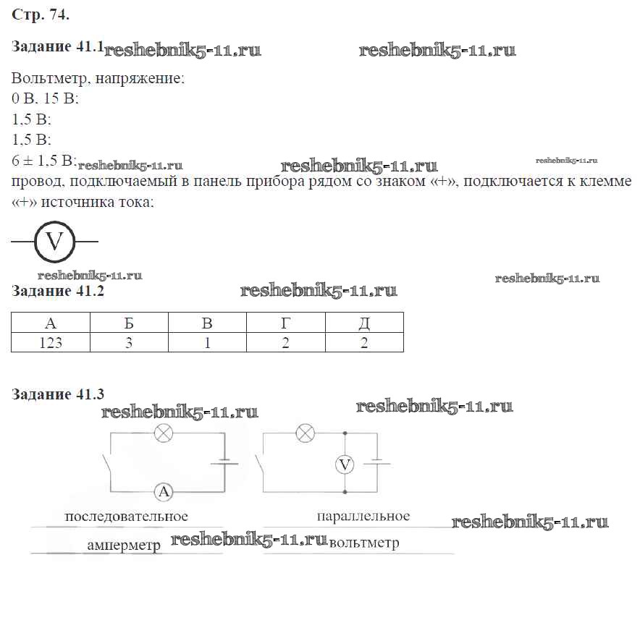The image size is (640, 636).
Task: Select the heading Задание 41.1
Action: [58, 47]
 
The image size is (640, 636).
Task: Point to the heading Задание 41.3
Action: [58, 394]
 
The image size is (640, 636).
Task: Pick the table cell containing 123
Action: [50, 342]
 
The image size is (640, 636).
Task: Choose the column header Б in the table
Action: [129, 323]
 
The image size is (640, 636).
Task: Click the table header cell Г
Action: [286, 323]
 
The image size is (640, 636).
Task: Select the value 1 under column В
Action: [207, 342]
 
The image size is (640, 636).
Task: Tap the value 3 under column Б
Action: [129, 342]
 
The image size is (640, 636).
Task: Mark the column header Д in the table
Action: [364, 323]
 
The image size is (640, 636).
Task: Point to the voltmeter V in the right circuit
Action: [345, 465]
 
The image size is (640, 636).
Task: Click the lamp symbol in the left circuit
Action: [165, 433]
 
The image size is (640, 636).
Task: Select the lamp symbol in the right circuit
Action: [306, 433]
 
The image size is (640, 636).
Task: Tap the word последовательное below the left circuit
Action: [126, 517]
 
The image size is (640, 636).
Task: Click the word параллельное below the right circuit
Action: [363, 516]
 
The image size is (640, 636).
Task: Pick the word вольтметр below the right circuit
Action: [363, 543]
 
